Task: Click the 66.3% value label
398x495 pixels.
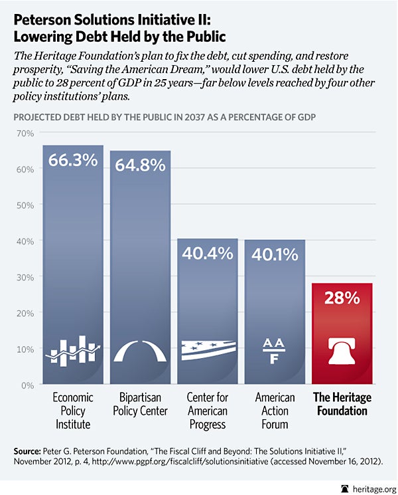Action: point(73,163)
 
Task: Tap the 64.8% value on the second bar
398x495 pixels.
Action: point(141,165)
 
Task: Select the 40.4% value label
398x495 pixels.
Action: point(208,253)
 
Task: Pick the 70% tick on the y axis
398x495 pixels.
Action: point(25,133)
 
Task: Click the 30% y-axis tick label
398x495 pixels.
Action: point(25,276)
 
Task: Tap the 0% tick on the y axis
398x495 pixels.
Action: point(28,385)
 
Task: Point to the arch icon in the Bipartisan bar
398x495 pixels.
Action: point(141,350)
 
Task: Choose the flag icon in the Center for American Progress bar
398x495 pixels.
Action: point(208,350)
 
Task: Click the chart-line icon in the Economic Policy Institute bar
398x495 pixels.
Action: point(73,350)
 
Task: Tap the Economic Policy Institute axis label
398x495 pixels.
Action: point(73,411)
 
